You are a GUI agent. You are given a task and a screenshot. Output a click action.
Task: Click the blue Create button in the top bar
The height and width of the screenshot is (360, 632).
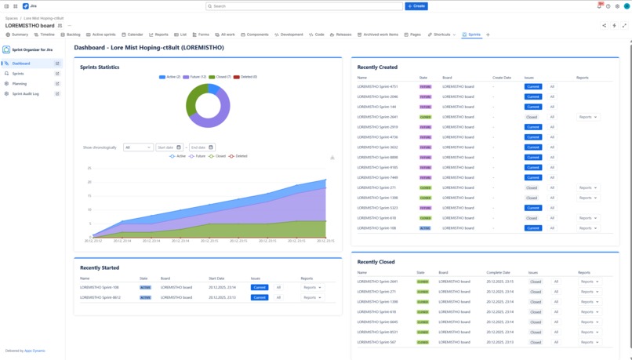[416, 6]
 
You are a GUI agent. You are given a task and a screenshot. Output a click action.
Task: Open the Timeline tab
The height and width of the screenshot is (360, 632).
[45, 35]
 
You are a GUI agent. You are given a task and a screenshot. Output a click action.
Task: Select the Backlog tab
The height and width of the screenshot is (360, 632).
[71, 35]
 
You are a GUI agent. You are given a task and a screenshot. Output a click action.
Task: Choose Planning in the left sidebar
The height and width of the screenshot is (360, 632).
[19, 84]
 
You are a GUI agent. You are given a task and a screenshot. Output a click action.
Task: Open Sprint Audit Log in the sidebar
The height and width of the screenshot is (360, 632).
[25, 94]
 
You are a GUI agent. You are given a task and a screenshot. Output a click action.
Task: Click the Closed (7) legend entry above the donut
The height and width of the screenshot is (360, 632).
[220, 77]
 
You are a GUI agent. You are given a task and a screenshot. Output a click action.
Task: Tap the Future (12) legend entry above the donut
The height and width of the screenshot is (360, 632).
[196, 77]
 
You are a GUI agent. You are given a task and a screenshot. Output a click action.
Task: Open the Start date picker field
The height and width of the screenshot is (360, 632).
[169, 147]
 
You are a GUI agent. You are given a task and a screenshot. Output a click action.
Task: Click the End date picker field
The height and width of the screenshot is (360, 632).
[202, 147]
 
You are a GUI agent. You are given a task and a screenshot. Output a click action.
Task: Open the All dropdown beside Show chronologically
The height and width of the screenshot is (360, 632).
[138, 147]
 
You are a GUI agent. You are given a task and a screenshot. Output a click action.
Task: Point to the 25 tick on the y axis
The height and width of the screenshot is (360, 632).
[89, 169]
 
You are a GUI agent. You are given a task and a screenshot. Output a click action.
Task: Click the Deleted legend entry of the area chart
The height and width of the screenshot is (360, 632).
[239, 156]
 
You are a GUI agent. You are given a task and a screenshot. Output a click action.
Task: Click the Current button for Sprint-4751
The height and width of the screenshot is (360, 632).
[533, 87]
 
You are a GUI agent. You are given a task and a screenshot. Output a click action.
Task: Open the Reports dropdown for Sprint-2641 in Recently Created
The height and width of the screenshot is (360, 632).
[587, 117]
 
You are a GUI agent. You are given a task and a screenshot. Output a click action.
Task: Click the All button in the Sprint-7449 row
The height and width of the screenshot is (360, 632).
[552, 178]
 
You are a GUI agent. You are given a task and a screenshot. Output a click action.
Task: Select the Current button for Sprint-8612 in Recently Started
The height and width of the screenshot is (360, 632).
[260, 298]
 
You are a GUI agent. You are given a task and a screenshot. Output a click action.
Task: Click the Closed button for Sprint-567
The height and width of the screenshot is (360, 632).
[536, 343]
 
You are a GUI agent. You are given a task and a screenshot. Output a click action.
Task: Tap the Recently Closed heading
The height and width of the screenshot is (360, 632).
[376, 262]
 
